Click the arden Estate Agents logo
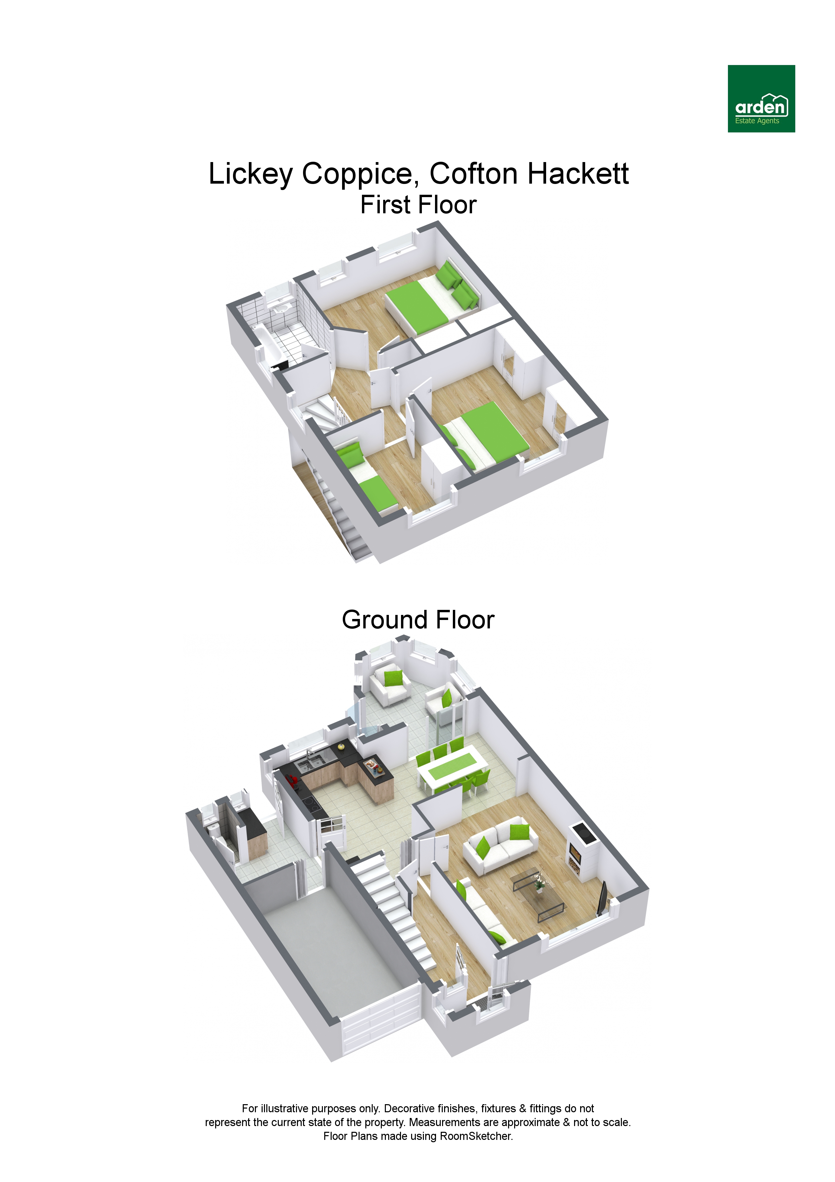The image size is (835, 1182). coord(761,98)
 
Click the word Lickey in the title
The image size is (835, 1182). coord(250,174)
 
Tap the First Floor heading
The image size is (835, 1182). coord(418,205)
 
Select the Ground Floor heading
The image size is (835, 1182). coord(418,620)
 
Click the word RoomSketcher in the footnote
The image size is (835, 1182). coord(475,1136)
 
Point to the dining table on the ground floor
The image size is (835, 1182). coord(452,771)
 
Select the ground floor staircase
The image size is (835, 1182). coord(391,906)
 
